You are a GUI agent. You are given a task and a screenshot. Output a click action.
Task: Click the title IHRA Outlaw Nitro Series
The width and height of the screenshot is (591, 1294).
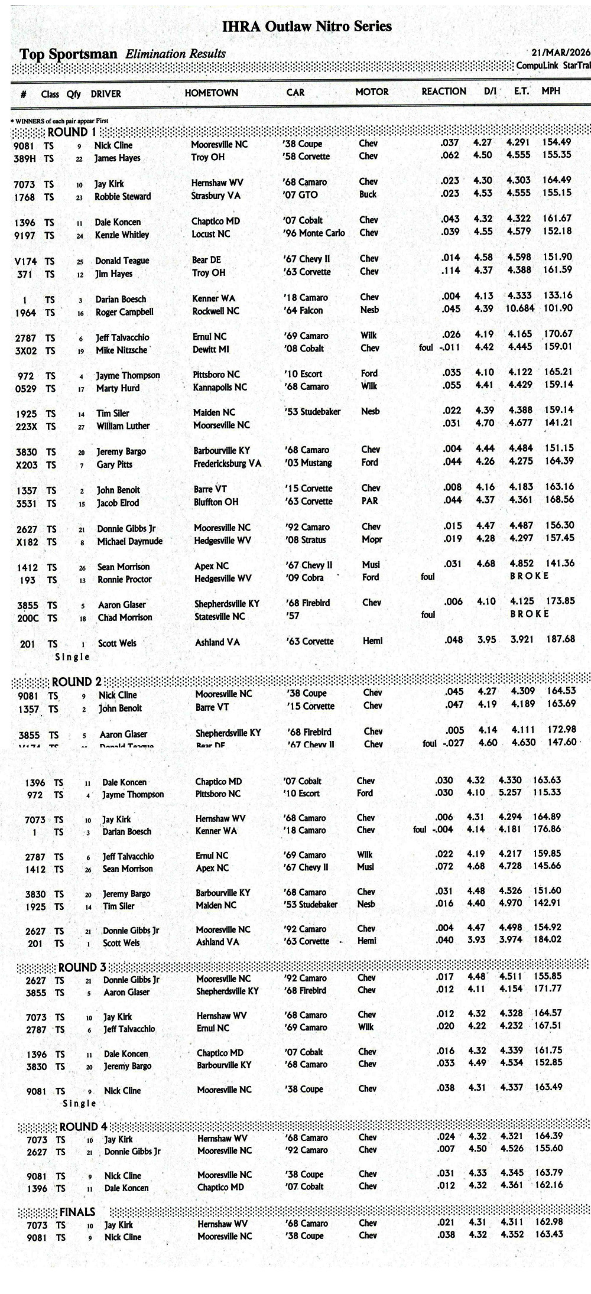[306, 26]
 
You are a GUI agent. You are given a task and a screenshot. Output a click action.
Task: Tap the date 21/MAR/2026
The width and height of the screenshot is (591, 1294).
[560, 52]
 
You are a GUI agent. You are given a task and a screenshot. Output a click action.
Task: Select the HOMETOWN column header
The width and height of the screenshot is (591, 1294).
[211, 93]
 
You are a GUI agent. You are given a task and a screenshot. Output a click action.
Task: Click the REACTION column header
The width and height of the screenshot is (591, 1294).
[443, 91]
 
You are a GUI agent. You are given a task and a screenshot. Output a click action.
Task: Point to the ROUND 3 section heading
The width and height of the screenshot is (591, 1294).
[82, 967]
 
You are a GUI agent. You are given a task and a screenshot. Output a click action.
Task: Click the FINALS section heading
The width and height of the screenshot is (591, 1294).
[77, 1212]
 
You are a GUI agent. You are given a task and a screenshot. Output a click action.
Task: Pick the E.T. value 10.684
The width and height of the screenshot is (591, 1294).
[519, 308]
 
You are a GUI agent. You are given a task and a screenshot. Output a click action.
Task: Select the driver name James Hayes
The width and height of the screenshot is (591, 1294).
[117, 158]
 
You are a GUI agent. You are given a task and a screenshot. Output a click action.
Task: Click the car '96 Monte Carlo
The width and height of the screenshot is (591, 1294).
[314, 233]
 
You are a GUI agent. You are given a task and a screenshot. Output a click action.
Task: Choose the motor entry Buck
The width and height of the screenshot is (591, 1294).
[368, 194]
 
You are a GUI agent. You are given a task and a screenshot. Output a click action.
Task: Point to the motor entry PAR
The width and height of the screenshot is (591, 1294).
[369, 500]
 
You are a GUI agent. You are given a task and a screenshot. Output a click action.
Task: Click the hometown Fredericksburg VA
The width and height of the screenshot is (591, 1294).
[227, 463]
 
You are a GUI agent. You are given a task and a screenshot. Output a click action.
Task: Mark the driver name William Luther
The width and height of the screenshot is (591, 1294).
[123, 425]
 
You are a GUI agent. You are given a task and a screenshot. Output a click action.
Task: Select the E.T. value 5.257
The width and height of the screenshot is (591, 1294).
[510, 792]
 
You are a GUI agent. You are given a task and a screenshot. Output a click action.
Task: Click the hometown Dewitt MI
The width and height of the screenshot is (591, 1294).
[210, 349]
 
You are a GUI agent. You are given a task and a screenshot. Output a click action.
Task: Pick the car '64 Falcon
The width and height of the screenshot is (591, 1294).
[303, 310]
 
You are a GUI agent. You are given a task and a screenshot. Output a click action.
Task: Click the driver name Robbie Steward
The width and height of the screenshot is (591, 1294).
[122, 196]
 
